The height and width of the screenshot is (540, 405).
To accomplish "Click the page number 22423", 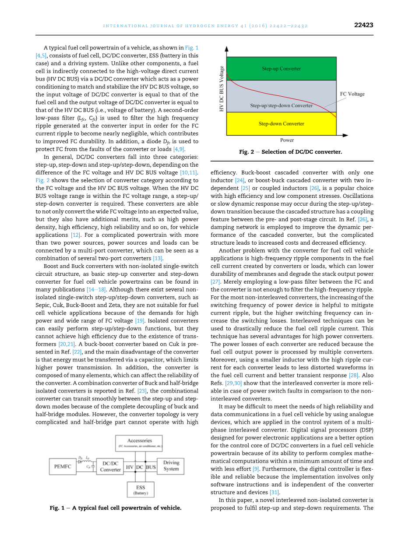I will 363,25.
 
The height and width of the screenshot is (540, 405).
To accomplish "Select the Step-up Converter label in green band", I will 281,69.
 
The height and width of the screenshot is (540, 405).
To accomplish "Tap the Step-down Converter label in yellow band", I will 281,124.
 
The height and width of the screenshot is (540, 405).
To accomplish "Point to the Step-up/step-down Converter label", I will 281,105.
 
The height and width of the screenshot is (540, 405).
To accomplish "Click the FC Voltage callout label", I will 352,94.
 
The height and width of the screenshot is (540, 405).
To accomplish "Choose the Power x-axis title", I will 287,140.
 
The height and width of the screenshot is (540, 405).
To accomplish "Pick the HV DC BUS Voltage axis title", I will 222,88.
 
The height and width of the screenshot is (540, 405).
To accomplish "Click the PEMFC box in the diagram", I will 63,466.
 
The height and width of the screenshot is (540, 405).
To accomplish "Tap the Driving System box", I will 171,466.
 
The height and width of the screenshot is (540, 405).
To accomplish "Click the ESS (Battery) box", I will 140,490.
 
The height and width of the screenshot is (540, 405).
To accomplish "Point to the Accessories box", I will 139,443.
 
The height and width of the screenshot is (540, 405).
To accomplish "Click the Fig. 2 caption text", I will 290,152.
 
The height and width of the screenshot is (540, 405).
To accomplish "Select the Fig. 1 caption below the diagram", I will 116,508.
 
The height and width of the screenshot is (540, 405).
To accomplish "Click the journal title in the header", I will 205,26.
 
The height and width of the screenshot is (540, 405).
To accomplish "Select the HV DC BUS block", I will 140,467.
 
